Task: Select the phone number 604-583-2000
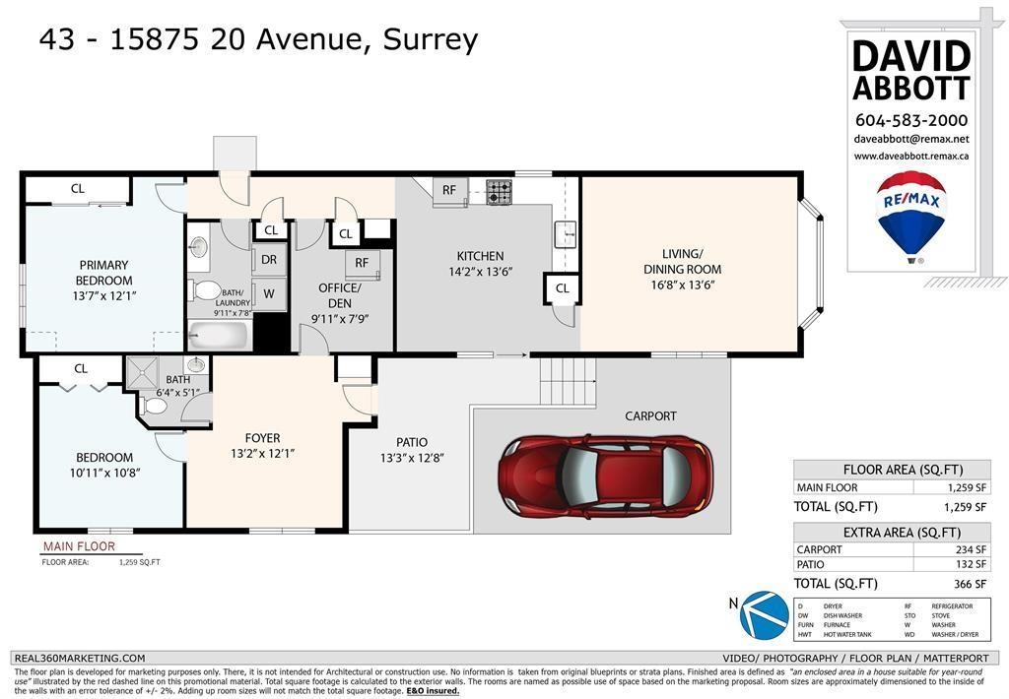point(910,120)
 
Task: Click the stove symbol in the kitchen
point(500,191)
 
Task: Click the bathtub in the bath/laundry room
point(220,335)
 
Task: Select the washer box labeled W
point(268,293)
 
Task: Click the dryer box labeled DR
point(268,261)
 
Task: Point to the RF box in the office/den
point(362,263)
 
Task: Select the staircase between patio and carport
point(569,380)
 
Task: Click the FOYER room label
point(262,438)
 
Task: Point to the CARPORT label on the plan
point(651,415)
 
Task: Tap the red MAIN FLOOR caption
point(79,546)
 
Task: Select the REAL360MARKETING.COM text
point(79,659)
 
